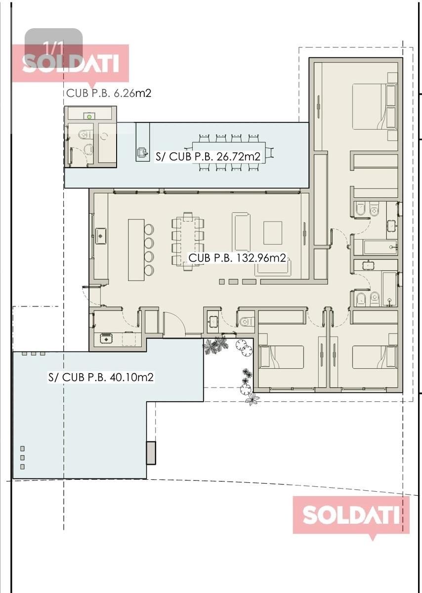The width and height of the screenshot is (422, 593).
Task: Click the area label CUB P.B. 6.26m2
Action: [109, 93]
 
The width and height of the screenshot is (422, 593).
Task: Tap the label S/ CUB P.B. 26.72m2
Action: [208, 157]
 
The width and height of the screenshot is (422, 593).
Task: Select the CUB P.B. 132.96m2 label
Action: [237, 257]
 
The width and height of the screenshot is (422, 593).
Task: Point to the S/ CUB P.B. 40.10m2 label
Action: [101, 377]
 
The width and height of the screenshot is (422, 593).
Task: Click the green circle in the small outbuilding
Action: [89, 117]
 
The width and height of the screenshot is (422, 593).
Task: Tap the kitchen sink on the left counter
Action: [101, 236]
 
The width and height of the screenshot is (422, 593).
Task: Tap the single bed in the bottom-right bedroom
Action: [375, 357]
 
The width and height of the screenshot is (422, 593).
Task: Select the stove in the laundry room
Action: [106, 339]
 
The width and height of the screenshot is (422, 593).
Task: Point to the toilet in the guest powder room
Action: [247, 322]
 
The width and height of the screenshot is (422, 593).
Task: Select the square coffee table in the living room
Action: [273, 233]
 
